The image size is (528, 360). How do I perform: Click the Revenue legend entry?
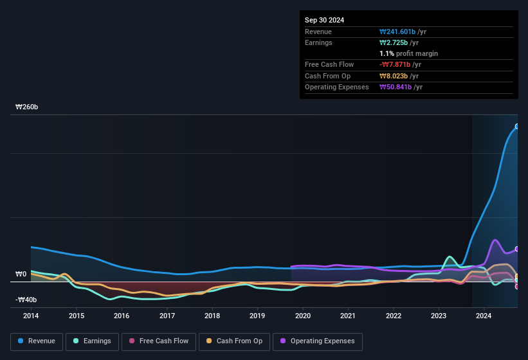click(36, 341)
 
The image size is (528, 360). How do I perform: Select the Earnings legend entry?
click(93, 341)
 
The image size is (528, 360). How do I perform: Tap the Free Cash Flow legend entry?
click(159, 341)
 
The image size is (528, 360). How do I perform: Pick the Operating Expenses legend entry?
click(318, 341)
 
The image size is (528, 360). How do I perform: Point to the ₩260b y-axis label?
click(27, 107)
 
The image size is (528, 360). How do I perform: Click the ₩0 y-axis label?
click(21, 274)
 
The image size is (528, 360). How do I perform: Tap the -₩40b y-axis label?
click(26, 300)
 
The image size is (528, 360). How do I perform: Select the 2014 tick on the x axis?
click(31, 316)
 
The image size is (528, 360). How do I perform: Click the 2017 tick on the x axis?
click(167, 316)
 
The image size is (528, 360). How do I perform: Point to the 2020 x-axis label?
click(302, 316)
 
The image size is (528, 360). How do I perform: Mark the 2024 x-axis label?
click(484, 316)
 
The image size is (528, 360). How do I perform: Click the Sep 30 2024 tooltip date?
click(324, 20)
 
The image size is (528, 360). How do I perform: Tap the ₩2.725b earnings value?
click(395, 42)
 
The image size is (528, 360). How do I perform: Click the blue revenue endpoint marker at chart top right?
click(517, 127)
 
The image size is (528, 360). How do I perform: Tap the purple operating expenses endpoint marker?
click(517, 249)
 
